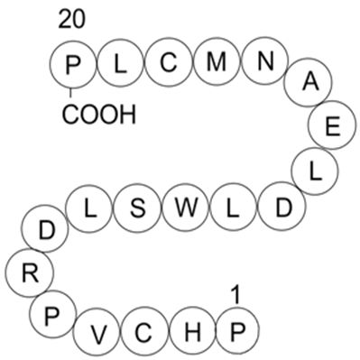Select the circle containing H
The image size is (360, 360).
[x=191, y=333]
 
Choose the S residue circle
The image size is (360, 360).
[x=137, y=207]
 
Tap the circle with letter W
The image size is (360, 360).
[x=185, y=207]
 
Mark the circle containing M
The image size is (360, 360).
[x=217, y=62]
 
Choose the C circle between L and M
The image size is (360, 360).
[x=169, y=62]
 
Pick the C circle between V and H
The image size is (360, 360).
[x=143, y=333]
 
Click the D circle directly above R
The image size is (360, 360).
[x=49, y=229]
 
